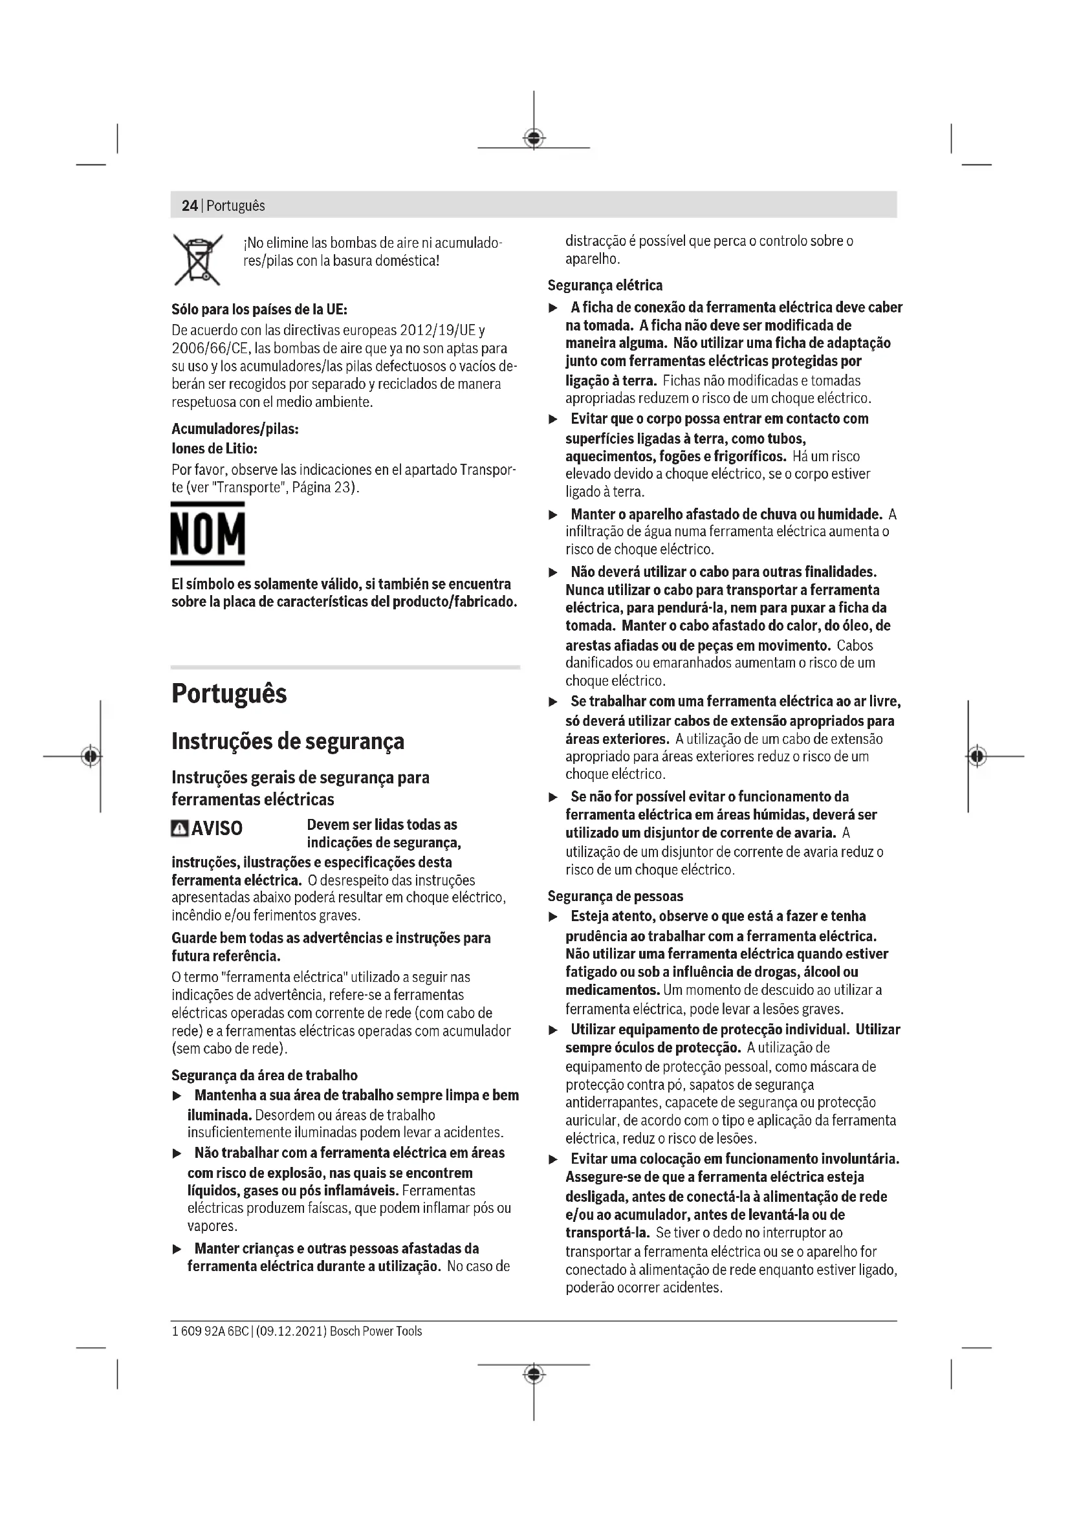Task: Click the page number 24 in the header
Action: pyautogui.click(x=189, y=206)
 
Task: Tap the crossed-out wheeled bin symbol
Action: pyautogui.click(x=198, y=259)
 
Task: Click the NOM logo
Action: pyautogui.click(x=208, y=533)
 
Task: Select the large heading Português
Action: pyautogui.click(x=229, y=694)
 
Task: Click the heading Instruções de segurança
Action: pyautogui.click(x=288, y=741)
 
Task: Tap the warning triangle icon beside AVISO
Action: pyautogui.click(x=179, y=829)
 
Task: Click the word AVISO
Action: pyautogui.click(x=217, y=829)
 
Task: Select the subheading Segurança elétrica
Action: pyautogui.click(x=605, y=285)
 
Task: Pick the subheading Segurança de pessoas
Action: pyautogui.click(x=615, y=896)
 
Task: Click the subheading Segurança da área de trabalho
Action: pyautogui.click(x=264, y=1076)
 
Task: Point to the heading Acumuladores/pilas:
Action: pyautogui.click(x=235, y=429)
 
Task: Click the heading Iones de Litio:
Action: pyautogui.click(x=214, y=449)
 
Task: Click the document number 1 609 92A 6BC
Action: pyautogui.click(x=210, y=1331)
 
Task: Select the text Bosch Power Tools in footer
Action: pyautogui.click(x=376, y=1331)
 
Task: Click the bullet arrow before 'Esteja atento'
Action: pyautogui.click(x=554, y=917)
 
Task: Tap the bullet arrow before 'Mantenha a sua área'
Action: pyautogui.click(x=177, y=1096)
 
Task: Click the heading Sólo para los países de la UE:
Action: pyautogui.click(x=259, y=310)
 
